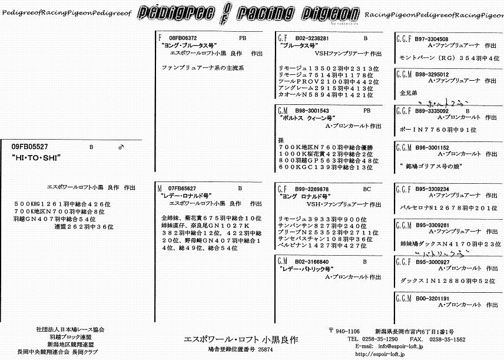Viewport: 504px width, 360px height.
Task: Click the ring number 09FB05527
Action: pos(30,146)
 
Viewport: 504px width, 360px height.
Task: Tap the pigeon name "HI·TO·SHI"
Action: pos(37,158)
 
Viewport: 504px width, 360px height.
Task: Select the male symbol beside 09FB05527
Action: pos(121,146)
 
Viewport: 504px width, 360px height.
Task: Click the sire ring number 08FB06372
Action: pos(183,38)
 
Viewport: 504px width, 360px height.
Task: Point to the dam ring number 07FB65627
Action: pos(182,188)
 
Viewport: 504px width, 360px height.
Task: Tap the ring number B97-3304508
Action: pos(432,38)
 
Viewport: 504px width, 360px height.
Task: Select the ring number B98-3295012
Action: pos(432,75)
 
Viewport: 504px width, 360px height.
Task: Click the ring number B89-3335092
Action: pos(432,110)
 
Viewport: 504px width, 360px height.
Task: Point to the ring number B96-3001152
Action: pos(432,147)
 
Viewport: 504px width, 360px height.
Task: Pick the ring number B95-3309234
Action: pos(432,189)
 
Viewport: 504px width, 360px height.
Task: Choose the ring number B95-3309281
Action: pos(432,225)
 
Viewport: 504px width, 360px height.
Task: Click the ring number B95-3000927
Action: pos(432,261)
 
